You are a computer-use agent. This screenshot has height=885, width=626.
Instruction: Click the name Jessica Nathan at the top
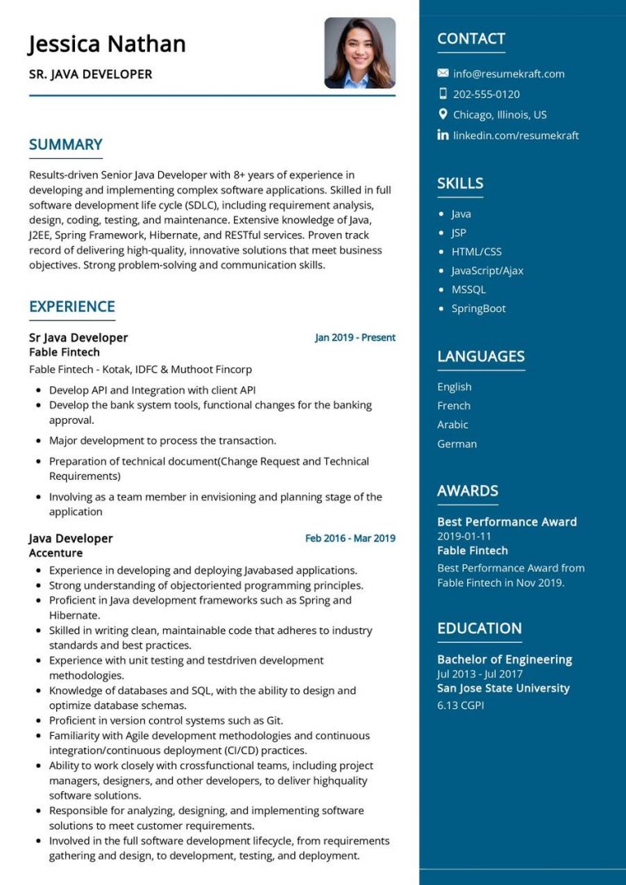click(x=107, y=43)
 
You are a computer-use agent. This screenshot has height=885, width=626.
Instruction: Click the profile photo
click(x=359, y=53)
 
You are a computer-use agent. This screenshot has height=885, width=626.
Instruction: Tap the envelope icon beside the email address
click(x=443, y=73)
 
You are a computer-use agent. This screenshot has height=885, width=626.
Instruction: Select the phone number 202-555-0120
click(x=486, y=94)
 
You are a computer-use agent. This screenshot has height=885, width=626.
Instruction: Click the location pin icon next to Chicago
click(x=443, y=114)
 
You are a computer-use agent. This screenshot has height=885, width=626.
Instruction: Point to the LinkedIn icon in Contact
click(x=443, y=135)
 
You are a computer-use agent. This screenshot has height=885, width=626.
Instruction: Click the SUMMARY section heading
click(x=65, y=145)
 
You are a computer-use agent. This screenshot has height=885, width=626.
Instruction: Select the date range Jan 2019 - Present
click(x=355, y=337)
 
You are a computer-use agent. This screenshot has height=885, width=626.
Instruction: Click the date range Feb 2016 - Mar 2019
click(x=350, y=538)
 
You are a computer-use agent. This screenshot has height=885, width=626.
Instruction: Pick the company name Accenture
click(x=55, y=553)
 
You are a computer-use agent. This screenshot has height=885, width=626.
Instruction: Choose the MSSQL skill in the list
click(x=468, y=289)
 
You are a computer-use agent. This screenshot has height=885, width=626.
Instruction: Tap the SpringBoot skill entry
click(x=478, y=308)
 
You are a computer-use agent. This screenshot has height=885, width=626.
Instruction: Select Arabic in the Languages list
click(x=452, y=425)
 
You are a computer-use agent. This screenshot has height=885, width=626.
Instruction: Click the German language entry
click(x=456, y=443)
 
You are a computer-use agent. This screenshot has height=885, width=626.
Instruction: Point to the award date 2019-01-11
click(x=464, y=536)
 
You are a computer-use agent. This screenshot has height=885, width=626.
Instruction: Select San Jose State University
click(x=503, y=688)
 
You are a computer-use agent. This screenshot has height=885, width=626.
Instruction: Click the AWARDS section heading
click(x=467, y=491)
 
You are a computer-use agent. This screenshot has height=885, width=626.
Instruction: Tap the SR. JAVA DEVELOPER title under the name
click(x=90, y=74)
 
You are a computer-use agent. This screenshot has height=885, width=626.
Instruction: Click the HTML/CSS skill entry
click(x=476, y=252)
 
